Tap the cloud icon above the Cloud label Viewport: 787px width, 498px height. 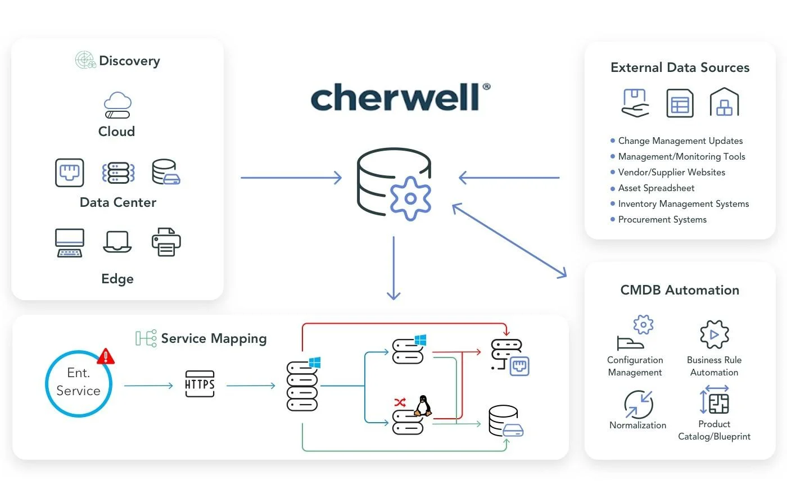[117, 105]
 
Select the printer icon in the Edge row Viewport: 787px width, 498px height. [166, 242]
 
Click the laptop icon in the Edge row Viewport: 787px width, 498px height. [117, 242]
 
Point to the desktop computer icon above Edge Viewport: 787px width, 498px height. [70, 243]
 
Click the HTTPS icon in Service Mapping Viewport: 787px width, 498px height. [200, 384]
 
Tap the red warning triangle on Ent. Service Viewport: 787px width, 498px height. [106, 356]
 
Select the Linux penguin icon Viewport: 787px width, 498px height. [423, 405]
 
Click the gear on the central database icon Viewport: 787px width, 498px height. [410, 198]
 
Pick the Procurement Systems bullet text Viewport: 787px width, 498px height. [662, 220]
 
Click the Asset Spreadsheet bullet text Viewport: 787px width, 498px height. [656, 188]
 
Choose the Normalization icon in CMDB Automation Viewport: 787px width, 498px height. [639, 404]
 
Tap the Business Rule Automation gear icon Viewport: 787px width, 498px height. [714, 335]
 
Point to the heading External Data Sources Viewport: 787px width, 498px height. [680, 68]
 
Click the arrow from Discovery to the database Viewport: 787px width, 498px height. [291, 178]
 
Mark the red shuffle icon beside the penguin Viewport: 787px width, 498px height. [400, 402]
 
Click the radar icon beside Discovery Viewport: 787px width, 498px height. [85, 60]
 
